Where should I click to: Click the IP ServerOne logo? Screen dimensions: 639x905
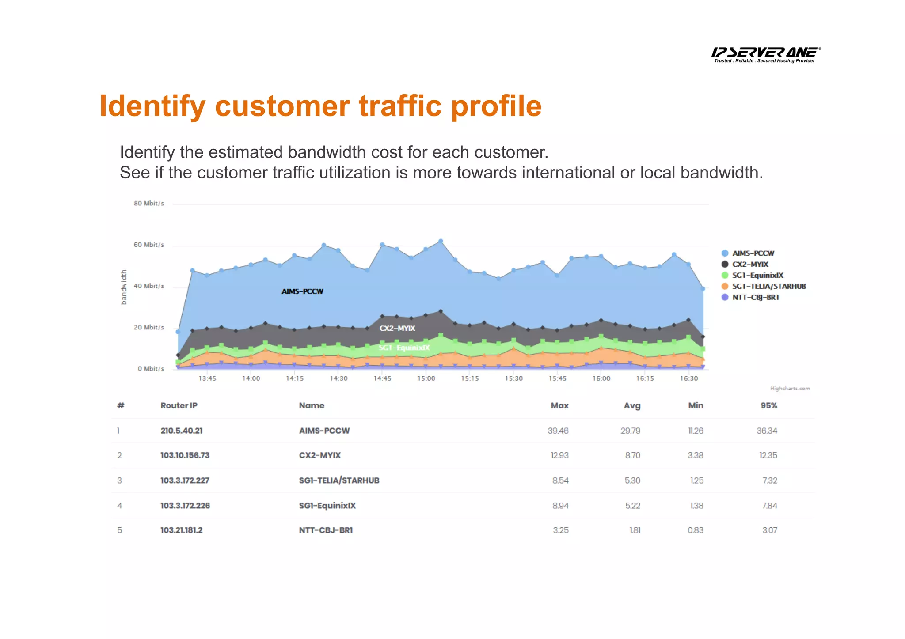[x=766, y=54]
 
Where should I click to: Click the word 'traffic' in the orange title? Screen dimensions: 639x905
[x=400, y=106]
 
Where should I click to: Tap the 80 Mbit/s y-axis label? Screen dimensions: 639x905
[x=149, y=204]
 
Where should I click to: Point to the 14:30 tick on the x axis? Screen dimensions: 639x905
[x=338, y=378]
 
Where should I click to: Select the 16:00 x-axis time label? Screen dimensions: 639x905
[x=601, y=378]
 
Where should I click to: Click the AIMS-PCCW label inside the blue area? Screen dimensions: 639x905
[x=303, y=291]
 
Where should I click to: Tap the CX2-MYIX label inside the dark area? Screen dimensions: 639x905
[x=397, y=329]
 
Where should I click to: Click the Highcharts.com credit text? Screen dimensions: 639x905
[x=790, y=389]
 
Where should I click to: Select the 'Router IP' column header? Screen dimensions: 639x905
[x=179, y=405]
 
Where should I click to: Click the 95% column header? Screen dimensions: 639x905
[x=769, y=405]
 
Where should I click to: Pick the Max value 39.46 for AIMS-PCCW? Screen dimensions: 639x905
[x=558, y=431]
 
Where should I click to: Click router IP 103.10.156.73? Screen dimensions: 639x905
[x=185, y=455]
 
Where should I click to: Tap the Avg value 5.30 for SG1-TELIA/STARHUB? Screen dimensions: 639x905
[x=632, y=480]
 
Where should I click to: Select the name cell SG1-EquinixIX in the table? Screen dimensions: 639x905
[x=327, y=506]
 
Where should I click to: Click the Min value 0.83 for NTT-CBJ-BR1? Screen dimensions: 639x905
[x=696, y=530]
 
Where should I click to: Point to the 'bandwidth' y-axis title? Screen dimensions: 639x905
[x=124, y=287]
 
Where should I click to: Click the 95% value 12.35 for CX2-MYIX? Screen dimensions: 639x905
[x=768, y=455]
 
